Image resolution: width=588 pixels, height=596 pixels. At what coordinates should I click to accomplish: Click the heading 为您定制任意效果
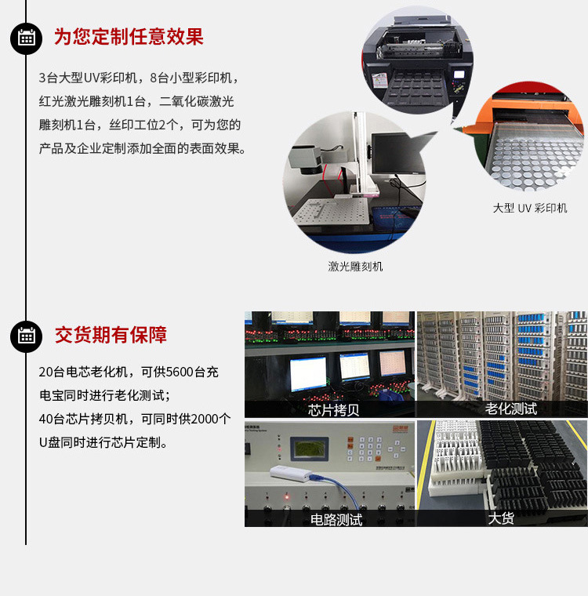pyautogui.click(x=129, y=37)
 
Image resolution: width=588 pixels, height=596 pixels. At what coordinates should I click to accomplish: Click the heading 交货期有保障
pyautogui.click(x=111, y=335)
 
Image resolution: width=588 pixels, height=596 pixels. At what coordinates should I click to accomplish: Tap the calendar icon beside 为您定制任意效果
pyautogui.click(x=26, y=38)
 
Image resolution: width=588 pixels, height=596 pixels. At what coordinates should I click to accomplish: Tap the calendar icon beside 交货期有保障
pyautogui.click(x=26, y=336)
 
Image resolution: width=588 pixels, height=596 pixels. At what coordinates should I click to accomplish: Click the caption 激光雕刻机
pyautogui.click(x=355, y=267)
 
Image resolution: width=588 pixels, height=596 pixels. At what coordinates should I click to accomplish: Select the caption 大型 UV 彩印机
pyautogui.click(x=530, y=208)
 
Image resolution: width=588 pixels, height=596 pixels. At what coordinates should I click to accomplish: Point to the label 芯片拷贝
pyautogui.click(x=333, y=410)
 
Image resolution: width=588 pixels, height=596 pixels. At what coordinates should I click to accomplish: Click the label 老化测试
pyautogui.click(x=511, y=409)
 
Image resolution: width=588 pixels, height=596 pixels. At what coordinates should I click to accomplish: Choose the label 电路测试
pyautogui.click(x=336, y=520)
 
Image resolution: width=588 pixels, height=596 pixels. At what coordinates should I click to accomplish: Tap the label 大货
pyautogui.click(x=501, y=518)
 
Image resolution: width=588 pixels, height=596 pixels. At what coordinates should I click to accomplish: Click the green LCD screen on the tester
pyautogui.click(x=309, y=449)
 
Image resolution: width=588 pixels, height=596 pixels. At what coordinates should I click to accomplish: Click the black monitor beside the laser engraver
pyautogui.click(x=398, y=153)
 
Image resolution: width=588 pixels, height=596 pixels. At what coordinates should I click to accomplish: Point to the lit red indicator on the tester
pyautogui.click(x=286, y=496)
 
